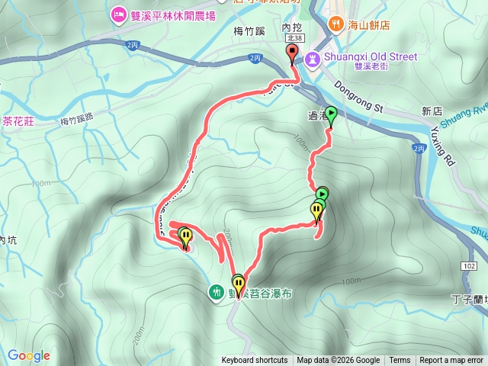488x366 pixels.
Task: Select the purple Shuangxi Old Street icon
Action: (x=312, y=58)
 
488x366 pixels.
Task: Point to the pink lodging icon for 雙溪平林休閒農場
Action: (x=118, y=14)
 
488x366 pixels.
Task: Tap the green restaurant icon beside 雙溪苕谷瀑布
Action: (x=217, y=291)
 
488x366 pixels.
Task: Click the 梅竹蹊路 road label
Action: (x=76, y=120)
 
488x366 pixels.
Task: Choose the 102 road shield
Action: (x=470, y=265)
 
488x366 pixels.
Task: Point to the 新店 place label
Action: (x=431, y=111)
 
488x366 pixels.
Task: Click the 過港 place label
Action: (x=317, y=116)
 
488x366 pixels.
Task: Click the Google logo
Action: (x=29, y=355)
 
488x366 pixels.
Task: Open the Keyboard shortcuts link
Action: (x=255, y=361)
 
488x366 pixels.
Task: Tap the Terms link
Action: (x=400, y=361)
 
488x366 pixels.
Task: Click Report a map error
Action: (x=451, y=361)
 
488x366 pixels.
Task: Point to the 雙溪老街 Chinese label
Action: (x=372, y=67)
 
